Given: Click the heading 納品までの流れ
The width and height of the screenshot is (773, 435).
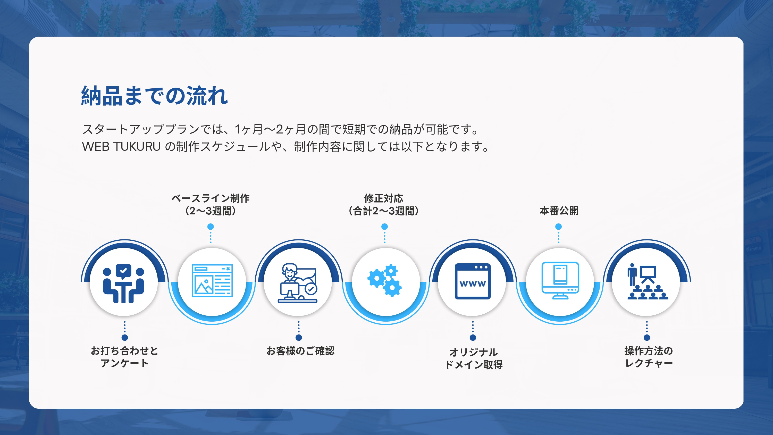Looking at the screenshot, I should point(155,96).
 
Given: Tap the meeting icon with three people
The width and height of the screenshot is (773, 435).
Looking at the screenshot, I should point(123,283).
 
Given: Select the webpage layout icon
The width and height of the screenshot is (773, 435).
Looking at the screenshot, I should point(212,281).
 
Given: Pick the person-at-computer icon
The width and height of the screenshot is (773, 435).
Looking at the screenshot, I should point(298,283).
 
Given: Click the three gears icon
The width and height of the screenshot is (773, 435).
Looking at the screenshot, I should point(385,281).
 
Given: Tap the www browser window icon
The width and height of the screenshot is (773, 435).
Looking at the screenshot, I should point(473,281).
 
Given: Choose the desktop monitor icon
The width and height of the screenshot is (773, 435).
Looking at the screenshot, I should point(560,280).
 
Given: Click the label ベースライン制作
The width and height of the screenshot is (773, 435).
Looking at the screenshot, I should point(210,198).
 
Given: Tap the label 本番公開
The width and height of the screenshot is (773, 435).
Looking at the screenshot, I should point(559,211).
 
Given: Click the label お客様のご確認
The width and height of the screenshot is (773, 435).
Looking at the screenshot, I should point(300,351).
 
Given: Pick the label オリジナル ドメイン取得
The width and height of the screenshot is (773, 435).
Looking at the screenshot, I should point(474,358).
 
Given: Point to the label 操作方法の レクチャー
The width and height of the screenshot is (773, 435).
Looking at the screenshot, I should point(649,357).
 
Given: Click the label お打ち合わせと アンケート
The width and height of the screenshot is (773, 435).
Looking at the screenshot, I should point(124,357).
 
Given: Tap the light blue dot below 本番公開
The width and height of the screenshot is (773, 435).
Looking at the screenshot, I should point(558,227).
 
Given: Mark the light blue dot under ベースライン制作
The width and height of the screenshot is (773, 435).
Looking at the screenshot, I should point(211,227).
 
